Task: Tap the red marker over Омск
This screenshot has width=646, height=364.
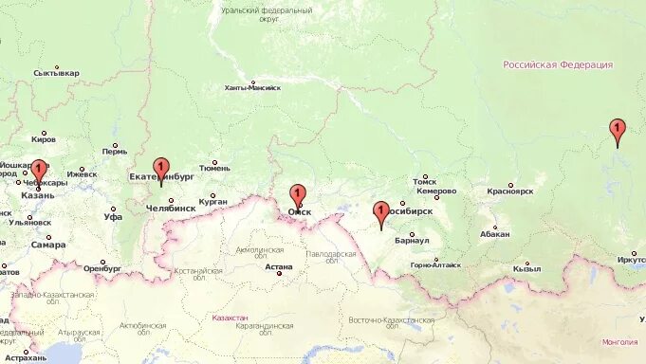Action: point(298,195)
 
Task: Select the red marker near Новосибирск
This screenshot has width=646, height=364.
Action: point(381,212)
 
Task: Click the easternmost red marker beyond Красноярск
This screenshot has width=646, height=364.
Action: point(618,130)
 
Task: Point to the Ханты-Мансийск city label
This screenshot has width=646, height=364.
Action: point(252,87)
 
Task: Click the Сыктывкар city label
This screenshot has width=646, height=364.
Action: point(56,72)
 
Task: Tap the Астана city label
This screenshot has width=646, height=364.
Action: point(279,268)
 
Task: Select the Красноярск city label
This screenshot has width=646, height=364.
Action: point(510,191)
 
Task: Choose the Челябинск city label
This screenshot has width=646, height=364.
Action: point(172,208)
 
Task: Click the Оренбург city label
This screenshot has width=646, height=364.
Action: point(102,268)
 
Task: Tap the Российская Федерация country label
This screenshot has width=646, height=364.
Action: point(558,64)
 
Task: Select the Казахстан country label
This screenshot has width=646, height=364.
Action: point(230,318)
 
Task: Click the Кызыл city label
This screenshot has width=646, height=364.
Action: point(526,268)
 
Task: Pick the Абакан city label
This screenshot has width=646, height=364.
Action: point(494,234)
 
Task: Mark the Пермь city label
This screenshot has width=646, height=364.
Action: point(115,151)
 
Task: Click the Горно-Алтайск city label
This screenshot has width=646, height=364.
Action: point(435,265)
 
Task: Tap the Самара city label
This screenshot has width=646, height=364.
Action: point(48,245)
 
